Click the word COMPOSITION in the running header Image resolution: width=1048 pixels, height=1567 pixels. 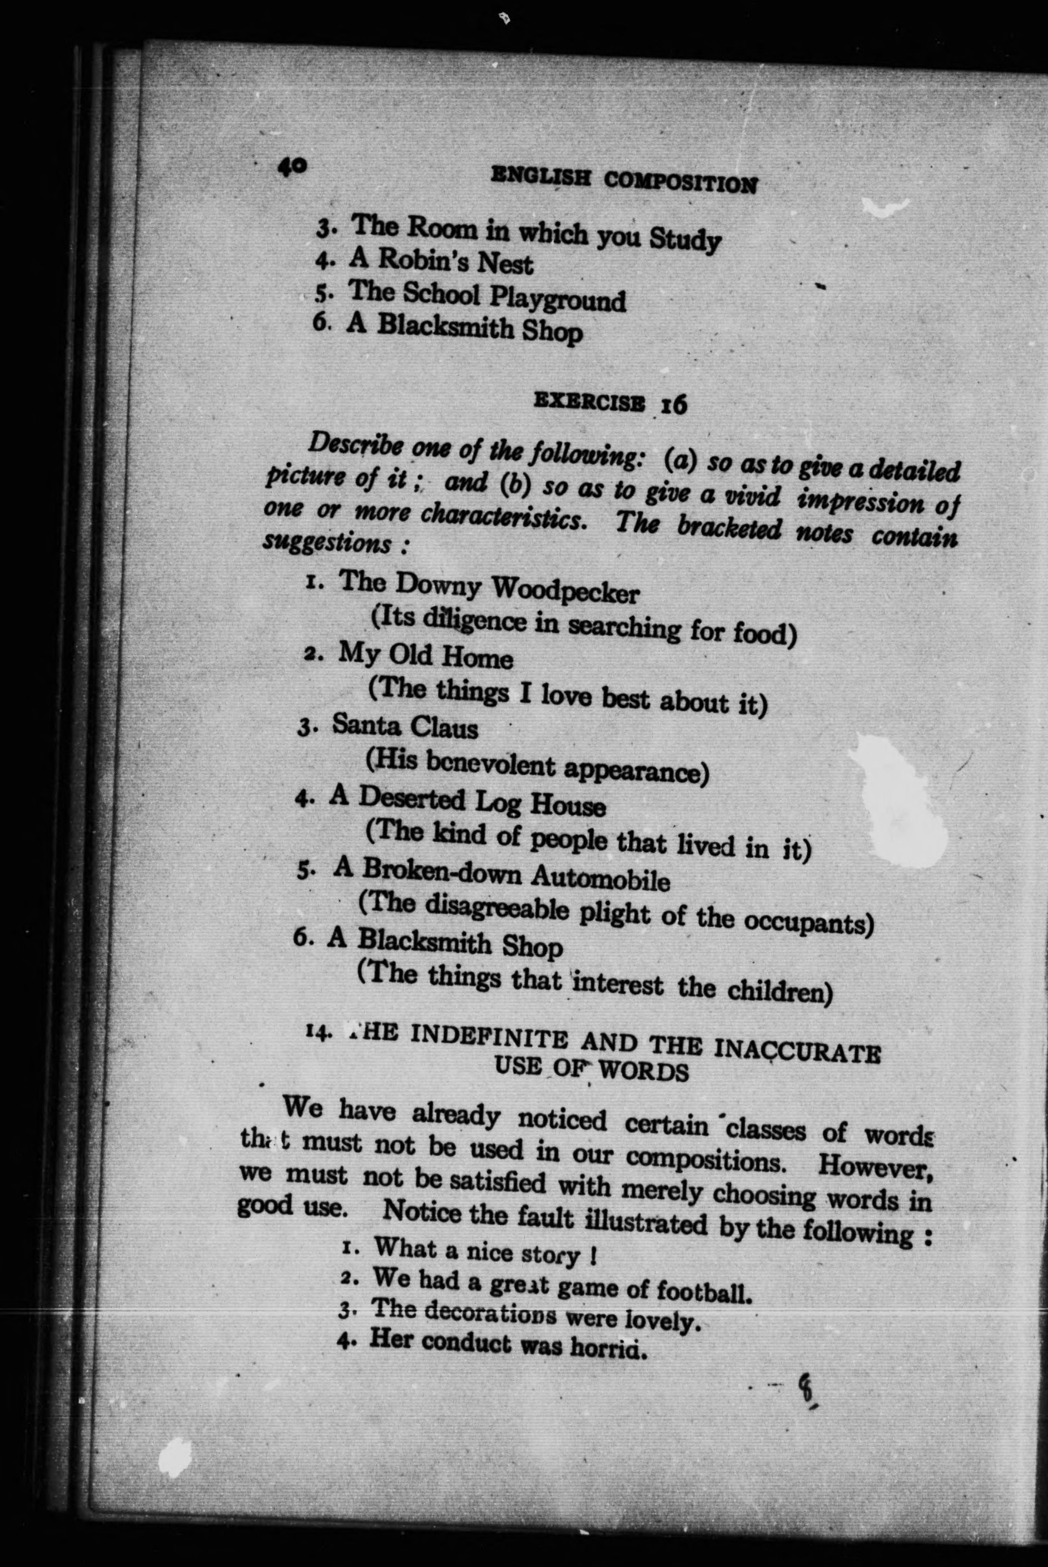681,181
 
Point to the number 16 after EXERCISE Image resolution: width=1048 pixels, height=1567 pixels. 674,404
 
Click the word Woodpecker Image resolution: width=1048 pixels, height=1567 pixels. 565,590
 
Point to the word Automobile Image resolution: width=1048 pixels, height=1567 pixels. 600,878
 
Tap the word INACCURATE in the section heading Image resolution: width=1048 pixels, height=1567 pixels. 797,1050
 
